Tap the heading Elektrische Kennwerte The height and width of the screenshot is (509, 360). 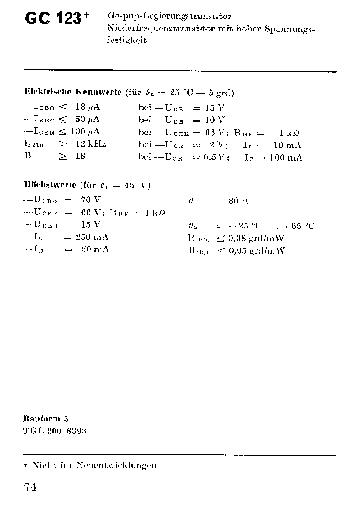[72, 93]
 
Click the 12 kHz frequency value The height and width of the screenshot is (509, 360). [91, 144]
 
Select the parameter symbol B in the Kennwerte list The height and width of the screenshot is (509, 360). [27, 156]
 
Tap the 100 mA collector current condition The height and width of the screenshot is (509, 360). [286, 157]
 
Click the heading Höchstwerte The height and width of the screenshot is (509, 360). [49, 185]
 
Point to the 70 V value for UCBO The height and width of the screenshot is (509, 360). [91, 200]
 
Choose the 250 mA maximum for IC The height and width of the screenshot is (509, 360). [92, 237]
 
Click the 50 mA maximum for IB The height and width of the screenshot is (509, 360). [95, 250]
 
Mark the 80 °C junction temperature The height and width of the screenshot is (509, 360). [240, 201]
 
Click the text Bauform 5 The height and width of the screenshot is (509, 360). [45, 418]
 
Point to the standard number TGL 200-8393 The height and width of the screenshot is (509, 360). [54, 431]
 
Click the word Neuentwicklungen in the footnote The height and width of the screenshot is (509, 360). [116, 465]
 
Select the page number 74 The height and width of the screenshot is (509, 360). [30, 487]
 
